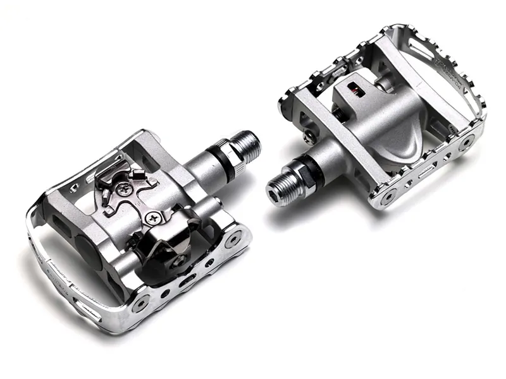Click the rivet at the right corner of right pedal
[x=466, y=143]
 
